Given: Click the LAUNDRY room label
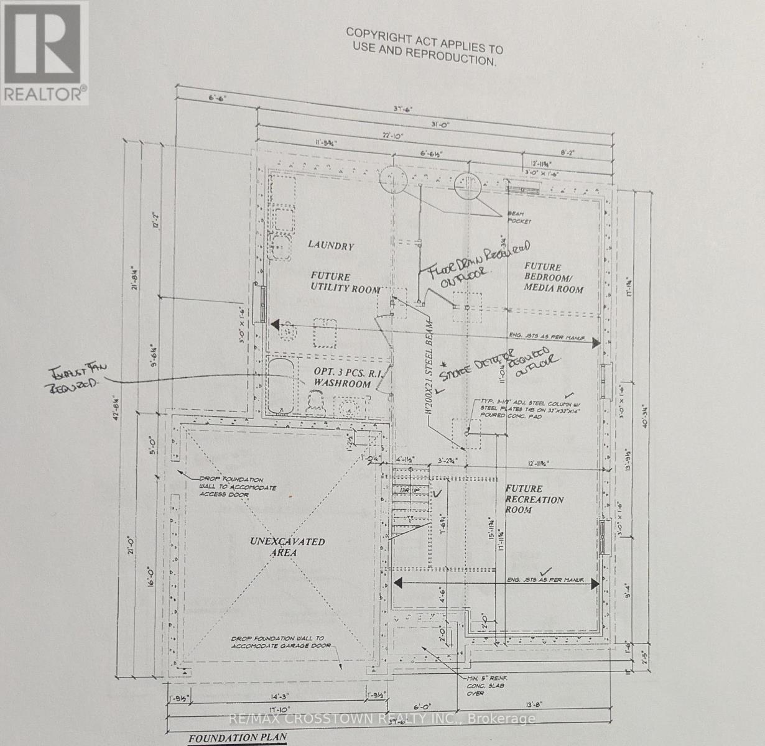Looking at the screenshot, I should tap(331, 246).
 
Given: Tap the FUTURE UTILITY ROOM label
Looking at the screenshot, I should tap(345, 283).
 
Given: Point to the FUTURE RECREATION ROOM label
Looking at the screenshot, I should tap(534, 499).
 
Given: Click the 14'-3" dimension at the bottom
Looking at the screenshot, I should tap(272, 698).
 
